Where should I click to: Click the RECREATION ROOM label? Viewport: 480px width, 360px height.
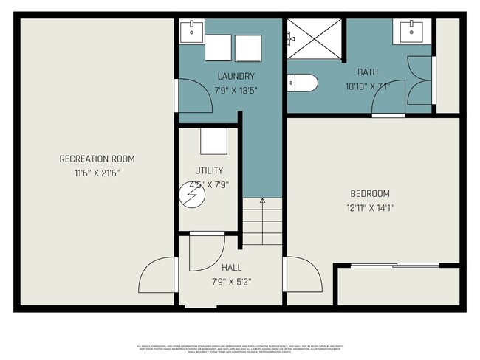[97, 159]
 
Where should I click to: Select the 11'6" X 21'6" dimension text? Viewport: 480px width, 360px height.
[97, 173]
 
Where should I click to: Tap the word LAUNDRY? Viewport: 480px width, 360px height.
[236, 76]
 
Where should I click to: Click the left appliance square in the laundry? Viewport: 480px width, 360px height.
[219, 47]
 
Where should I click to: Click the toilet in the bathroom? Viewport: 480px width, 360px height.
[303, 83]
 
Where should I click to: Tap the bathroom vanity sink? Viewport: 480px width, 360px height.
[411, 32]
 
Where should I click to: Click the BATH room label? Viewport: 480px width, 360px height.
[368, 72]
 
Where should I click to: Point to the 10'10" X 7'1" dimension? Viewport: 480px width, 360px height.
[367, 86]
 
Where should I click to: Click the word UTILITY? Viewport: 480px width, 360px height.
[208, 170]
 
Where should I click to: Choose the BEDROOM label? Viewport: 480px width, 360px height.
[370, 193]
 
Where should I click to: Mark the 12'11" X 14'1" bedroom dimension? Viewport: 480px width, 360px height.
[370, 208]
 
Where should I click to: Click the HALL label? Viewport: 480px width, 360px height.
[231, 267]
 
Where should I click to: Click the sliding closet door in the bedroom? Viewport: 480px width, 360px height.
[395, 265]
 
